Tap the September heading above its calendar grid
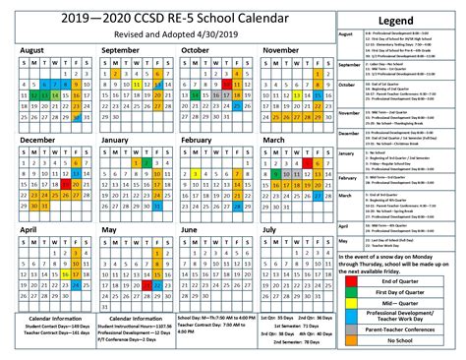point(120,48)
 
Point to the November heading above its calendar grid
point(281,48)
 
